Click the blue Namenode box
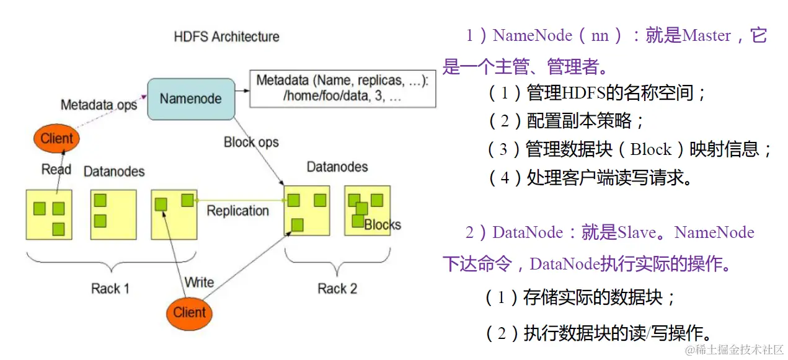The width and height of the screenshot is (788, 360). (x=190, y=99)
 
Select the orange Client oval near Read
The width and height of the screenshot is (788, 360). (x=56, y=138)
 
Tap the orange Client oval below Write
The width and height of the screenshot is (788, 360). (x=189, y=312)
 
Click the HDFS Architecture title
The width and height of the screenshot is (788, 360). (x=226, y=37)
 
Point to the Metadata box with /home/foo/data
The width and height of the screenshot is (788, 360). (x=342, y=89)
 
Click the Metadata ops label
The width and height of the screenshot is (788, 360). (x=99, y=105)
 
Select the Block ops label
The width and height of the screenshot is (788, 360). (x=251, y=142)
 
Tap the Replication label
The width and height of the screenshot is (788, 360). (x=237, y=211)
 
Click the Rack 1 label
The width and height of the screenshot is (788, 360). (x=110, y=288)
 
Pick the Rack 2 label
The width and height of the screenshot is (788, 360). (x=337, y=288)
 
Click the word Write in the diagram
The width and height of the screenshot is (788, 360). (x=199, y=283)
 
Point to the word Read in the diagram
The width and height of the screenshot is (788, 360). (x=56, y=169)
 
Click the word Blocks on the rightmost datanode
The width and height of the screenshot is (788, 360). (x=383, y=224)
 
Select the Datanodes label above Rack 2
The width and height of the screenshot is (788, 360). (x=337, y=167)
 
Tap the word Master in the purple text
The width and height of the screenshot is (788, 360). (x=706, y=36)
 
